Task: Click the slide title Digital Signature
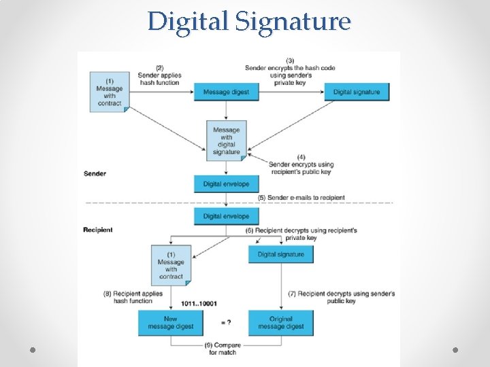click(x=249, y=21)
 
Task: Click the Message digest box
click(x=226, y=92)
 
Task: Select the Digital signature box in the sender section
click(x=357, y=92)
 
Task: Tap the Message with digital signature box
click(x=226, y=141)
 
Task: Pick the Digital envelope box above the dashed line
click(x=226, y=183)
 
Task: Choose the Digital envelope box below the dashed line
click(x=226, y=216)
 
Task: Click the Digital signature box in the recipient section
click(x=280, y=254)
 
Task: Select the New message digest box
click(x=170, y=322)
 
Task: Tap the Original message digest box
click(x=280, y=322)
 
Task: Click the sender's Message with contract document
click(x=110, y=92)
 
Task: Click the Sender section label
click(x=95, y=173)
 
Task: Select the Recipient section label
click(x=98, y=230)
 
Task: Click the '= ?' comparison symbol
click(x=226, y=321)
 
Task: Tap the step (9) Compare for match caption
click(x=223, y=349)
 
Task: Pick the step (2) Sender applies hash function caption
click(x=159, y=75)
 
